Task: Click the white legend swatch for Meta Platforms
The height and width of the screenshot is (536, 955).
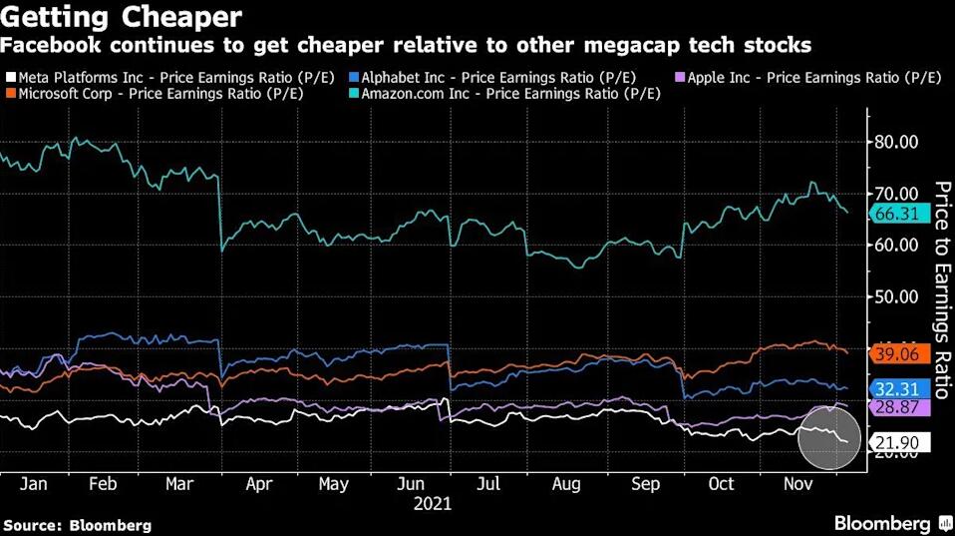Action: pos(10,78)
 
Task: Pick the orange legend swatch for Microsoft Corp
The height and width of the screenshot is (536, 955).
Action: pos(10,94)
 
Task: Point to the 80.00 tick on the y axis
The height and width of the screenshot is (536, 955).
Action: pos(895,142)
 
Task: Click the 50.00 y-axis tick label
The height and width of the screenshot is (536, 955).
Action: pos(895,296)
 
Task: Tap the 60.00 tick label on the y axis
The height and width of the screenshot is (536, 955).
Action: pos(895,245)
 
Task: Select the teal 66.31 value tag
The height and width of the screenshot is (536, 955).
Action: pos(900,213)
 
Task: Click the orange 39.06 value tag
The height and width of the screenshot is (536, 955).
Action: pos(900,354)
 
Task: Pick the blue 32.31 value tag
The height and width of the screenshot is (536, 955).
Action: pos(900,389)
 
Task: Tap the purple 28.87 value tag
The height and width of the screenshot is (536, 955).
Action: pos(900,407)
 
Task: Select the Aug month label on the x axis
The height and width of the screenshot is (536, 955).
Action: pos(566,483)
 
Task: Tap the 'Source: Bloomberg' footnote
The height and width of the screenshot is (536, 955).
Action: pos(78,524)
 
